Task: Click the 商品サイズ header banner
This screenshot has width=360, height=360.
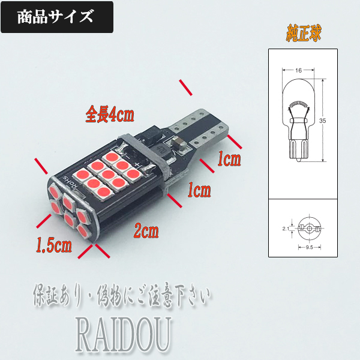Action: (58, 17)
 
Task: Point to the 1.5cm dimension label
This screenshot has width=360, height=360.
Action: (54, 245)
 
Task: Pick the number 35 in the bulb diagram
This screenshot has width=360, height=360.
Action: (323, 121)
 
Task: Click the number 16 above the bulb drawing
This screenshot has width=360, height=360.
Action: (298, 71)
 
